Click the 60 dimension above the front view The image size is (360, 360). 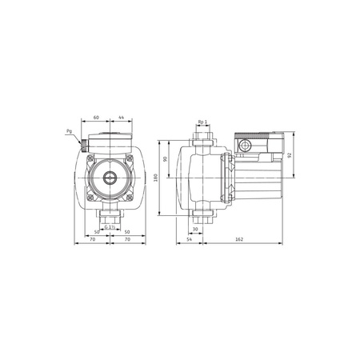[96, 118]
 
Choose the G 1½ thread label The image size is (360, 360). [111, 227]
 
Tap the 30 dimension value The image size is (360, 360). [196, 228]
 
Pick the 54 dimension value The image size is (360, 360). [189, 238]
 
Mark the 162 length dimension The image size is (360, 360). [241, 238]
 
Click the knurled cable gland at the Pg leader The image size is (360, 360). [83, 147]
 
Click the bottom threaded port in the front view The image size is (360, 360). [111, 215]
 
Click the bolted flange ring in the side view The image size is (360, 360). [227, 181]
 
